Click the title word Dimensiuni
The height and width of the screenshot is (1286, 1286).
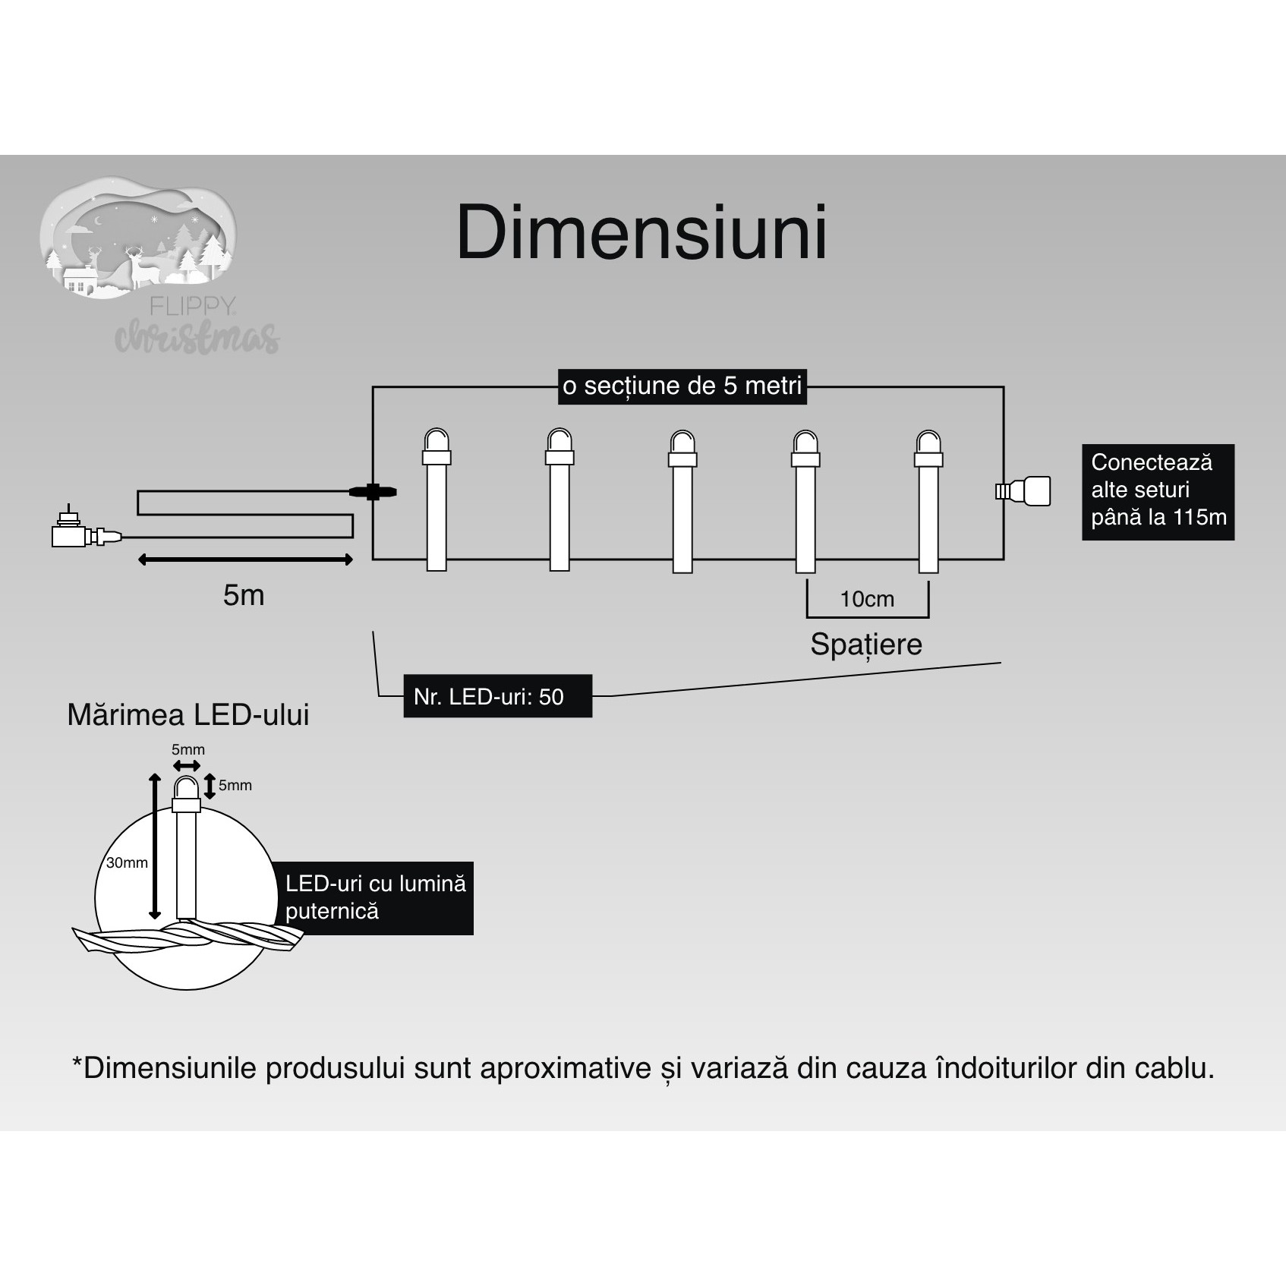(x=641, y=233)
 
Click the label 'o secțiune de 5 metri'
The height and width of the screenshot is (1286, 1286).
(x=682, y=386)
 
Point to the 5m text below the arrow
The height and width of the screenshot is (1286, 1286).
(x=244, y=595)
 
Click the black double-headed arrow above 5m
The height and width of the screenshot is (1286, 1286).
(x=245, y=560)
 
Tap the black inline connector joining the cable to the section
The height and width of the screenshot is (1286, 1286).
(x=373, y=492)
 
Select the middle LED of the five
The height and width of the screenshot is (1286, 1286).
(x=682, y=501)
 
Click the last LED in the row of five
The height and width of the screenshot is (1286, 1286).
(x=928, y=501)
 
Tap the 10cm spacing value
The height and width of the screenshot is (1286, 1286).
(x=867, y=599)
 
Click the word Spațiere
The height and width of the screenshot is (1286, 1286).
(x=866, y=645)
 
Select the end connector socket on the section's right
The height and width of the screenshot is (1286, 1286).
(x=1025, y=491)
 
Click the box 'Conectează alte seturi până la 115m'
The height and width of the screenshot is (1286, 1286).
(x=1158, y=492)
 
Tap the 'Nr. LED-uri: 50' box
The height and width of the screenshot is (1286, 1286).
(x=497, y=696)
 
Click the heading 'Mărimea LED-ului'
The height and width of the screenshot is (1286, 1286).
(x=188, y=715)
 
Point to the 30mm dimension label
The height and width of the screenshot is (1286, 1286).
(x=127, y=862)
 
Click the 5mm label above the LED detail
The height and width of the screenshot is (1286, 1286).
(x=188, y=749)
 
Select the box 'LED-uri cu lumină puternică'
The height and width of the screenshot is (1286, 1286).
(x=375, y=897)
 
